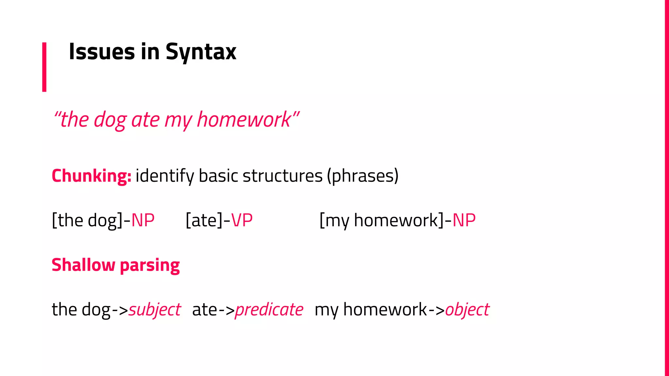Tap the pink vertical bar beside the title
click(x=44, y=67)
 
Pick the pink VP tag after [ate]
click(x=242, y=220)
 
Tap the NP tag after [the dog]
click(x=143, y=220)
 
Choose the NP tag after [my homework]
click(x=464, y=220)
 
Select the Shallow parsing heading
click(x=116, y=265)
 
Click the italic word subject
click(x=155, y=309)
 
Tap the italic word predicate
click(x=269, y=309)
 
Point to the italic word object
click(x=467, y=309)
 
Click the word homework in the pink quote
click(x=243, y=119)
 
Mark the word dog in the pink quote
click(x=110, y=119)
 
